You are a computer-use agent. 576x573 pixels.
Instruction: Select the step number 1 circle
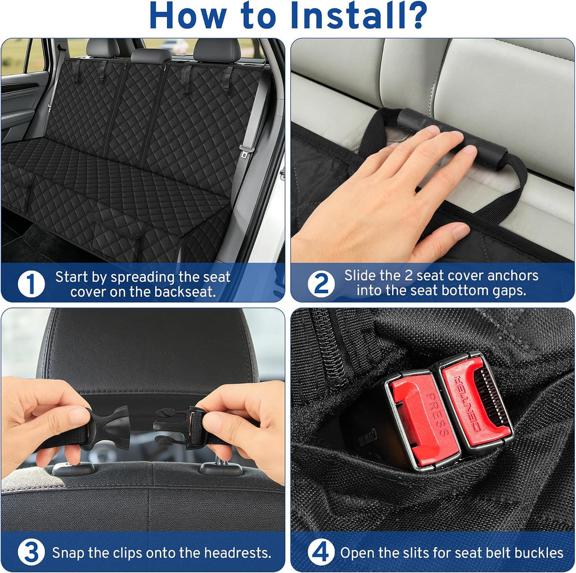pyautogui.click(x=31, y=284)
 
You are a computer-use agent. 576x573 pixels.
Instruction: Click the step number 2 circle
pyautogui.click(x=321, y=284)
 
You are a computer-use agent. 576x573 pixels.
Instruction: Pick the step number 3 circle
pyautogui.click(x=31, y=552)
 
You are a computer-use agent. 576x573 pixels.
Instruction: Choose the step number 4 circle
pyautogui.click(x=321, y=552)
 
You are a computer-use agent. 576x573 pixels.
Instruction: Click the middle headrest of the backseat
pyautogui.click(x=151, y=56)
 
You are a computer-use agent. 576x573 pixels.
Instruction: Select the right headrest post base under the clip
pyautogui.click(x=219, y=469)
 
